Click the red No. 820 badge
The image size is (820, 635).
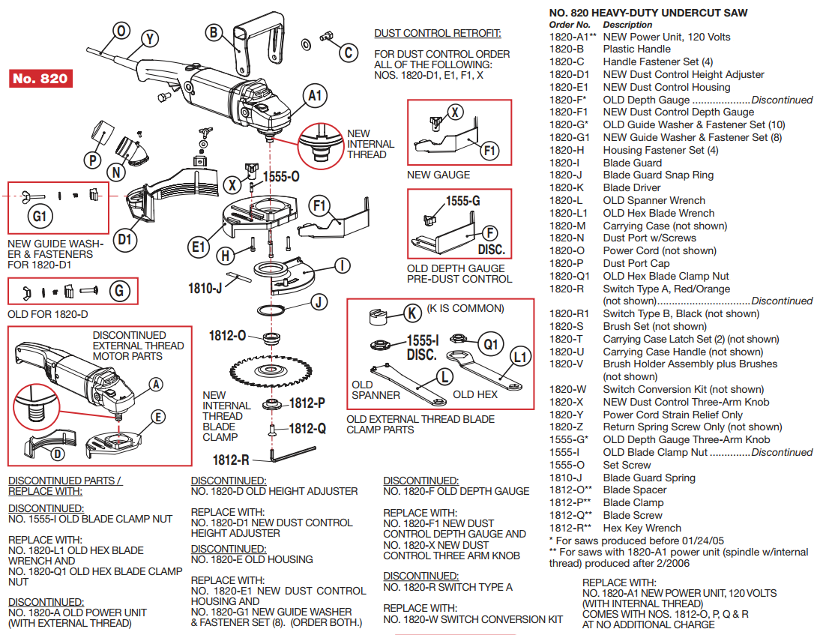coord(40,79)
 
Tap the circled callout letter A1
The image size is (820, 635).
coord(316,95)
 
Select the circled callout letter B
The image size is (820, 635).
coord(214,32)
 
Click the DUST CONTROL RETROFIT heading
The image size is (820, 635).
coord(438,34)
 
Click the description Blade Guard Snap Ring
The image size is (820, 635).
coord(658,175)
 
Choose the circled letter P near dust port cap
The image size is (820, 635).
coord(93,160)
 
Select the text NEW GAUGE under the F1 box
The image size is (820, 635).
coord(438,175)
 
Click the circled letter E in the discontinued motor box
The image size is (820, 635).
coord(158,417)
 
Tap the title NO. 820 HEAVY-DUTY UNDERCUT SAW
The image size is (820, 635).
coord(648,13)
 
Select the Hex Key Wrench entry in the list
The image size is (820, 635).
coord(642,528)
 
